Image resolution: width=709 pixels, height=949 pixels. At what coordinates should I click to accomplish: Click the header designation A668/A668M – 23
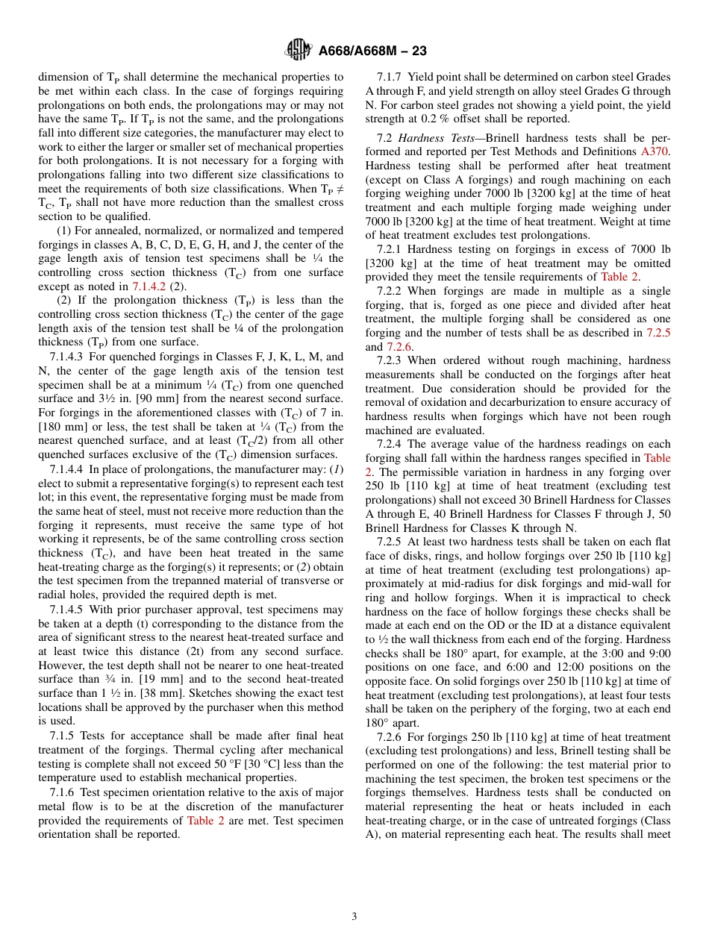coord(372,51)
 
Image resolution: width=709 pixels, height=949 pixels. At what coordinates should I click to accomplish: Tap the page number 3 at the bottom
coord(354,916)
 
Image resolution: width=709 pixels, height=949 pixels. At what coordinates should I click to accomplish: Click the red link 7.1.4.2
coord(152,286)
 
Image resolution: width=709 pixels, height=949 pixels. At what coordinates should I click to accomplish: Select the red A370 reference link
coord(655,151)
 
